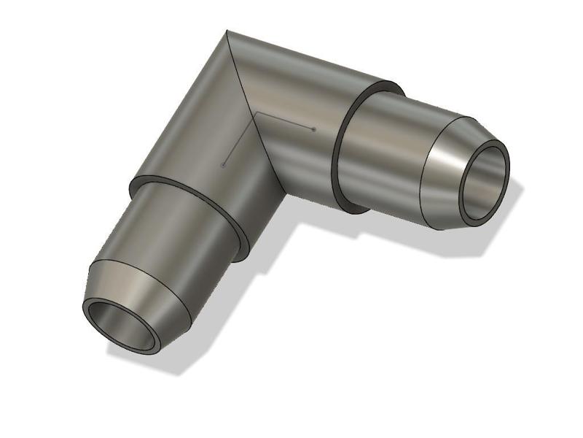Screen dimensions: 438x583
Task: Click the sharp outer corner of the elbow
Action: [x=227, y=31]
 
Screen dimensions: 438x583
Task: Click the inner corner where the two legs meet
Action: [x=284, y=191]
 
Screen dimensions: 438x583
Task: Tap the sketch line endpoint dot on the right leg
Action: [x=313, y=129]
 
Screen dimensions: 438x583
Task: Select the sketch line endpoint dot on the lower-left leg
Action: [x=223, y=165]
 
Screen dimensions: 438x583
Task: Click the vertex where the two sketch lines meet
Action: [x=255, y=114]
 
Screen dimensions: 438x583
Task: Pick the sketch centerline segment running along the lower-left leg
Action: [x=239, y=139]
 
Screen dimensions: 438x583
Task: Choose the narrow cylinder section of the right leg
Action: [x=386, y=157]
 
